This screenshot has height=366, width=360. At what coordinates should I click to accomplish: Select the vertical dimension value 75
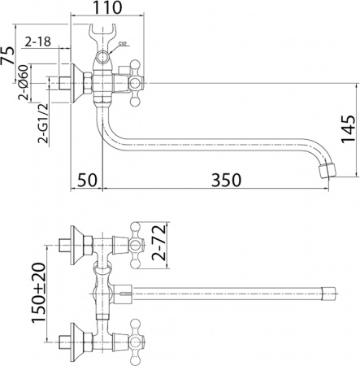7,55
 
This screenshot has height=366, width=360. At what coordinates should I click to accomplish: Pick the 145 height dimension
346,129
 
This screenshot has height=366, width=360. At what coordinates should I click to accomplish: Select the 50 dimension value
88,179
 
